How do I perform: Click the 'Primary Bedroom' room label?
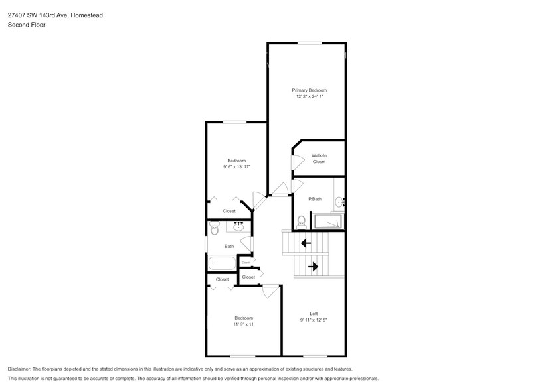pos(309,90)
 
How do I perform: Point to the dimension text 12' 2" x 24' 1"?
pos(309,97)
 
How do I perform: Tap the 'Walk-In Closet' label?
pos(319,159)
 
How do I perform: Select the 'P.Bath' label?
pos(315,199)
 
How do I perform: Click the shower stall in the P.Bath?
pos(327,221)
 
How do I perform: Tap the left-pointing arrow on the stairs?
pos(306,243)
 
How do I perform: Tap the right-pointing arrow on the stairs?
pos(313,267)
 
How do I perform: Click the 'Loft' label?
pos(314,314)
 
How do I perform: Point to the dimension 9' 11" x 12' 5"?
pos(314,320)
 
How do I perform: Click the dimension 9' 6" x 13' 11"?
pos(236,167)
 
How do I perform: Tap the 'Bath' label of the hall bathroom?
pos(229,247)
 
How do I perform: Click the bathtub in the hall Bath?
pos(222,263)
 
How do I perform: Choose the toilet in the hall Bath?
pos(214,229)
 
